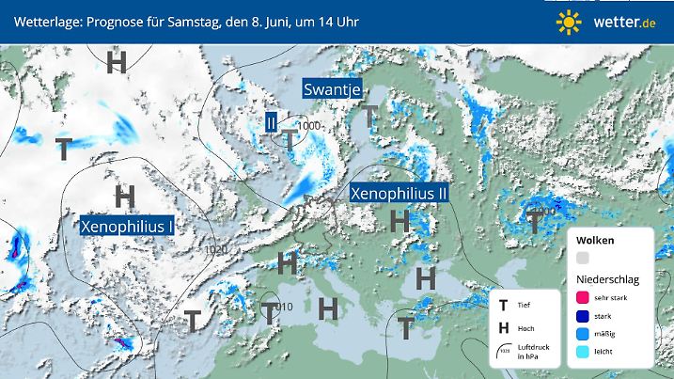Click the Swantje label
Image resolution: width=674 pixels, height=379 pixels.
(330, 88)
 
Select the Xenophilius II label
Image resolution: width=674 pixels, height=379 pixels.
(399, 193)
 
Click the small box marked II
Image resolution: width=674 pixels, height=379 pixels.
(271, 122)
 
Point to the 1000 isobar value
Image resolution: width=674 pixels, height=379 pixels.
(311, 125)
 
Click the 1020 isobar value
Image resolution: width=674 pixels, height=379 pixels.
(214, 248)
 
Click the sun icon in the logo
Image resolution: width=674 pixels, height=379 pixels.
(568, 20)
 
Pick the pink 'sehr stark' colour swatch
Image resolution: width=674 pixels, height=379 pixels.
(583, 298)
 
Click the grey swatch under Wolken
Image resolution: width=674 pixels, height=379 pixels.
(583, 258)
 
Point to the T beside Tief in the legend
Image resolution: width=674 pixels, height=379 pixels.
(505, 306)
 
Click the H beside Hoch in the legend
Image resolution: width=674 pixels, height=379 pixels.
(505, 328)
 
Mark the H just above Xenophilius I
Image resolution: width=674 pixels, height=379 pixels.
(124, 197)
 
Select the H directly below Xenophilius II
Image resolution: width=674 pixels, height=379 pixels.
(400, 222)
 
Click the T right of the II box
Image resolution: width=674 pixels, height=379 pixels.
(291, 140)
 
